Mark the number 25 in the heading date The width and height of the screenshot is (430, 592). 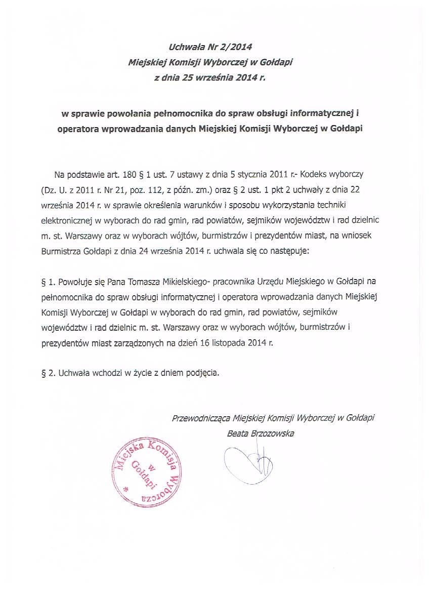[x=189, y=78]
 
